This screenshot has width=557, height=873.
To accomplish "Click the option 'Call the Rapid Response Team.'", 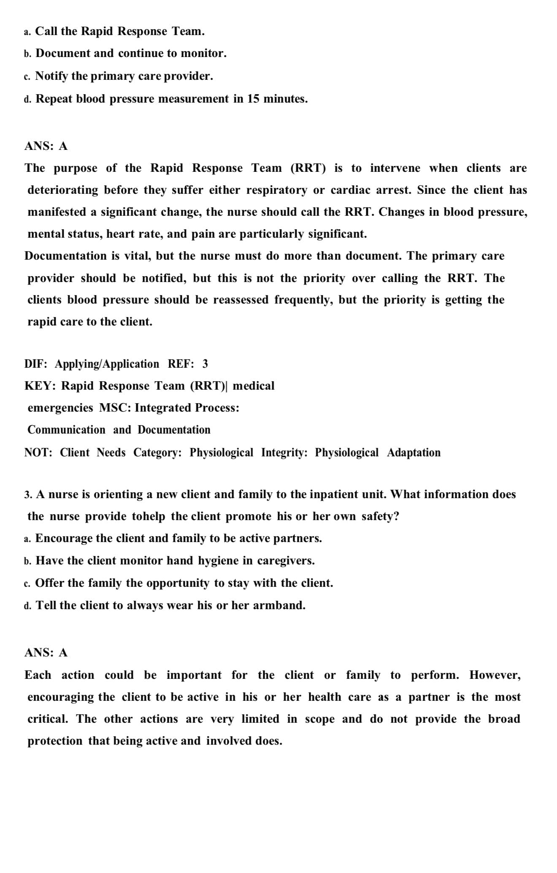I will tap(119, 31).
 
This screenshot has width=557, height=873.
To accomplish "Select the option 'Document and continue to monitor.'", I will tap(131, 54).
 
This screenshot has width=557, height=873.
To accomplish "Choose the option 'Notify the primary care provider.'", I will tap(124, 76).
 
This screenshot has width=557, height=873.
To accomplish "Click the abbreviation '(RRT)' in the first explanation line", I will tap(308, 168).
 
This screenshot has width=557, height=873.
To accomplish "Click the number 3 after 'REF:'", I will tap(205, 364).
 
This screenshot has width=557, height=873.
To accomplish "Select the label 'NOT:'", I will tap(38, 453).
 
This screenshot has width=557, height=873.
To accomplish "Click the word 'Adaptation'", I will tap(414, 453).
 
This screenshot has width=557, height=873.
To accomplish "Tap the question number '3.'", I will tap(28, 495).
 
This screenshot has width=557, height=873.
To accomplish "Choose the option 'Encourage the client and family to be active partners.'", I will tap(178, 539).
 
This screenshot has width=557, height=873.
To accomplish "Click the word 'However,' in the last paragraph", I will tap(495, 675).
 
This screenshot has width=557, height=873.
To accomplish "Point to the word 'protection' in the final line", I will tap(55, 741).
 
